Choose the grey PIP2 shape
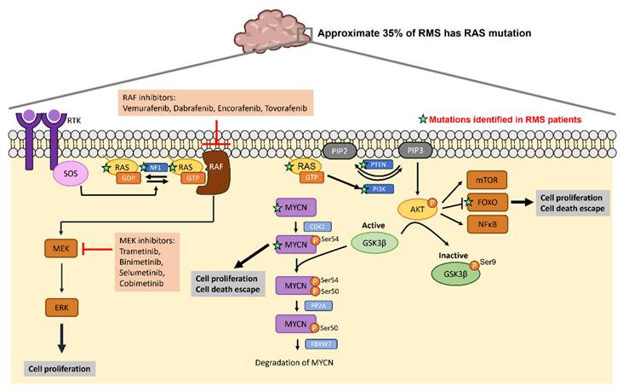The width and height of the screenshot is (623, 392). click(x=338, y=151)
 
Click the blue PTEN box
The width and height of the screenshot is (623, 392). click(x=375, y=165)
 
